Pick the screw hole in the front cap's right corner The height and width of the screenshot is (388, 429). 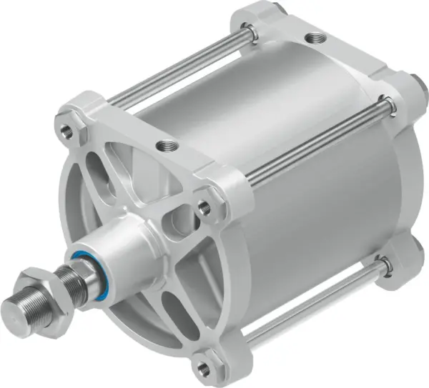[x=204, y=207]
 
